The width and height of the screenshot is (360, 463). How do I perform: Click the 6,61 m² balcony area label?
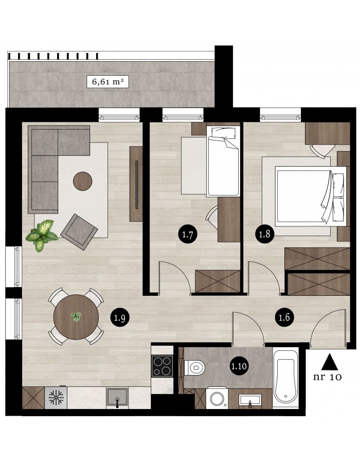click(107, 81)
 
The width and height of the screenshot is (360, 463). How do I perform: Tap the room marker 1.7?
click(188, 235)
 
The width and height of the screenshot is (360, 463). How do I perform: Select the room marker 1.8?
click(264, 234)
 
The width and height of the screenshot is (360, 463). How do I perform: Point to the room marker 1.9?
click(120, 318)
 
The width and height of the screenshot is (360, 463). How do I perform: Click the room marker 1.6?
click(284, 317)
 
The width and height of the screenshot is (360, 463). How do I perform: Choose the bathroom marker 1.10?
click(239, 366)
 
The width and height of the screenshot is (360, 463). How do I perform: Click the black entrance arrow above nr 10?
click(330, 362)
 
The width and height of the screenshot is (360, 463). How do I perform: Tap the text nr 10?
click(328, 377)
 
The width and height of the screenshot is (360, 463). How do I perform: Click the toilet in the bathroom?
click(195, 368)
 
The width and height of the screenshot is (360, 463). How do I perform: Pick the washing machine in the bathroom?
click(217, 398)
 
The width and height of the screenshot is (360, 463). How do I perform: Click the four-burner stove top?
click(163, 366)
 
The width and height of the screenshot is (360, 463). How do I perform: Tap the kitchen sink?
click(117, 397)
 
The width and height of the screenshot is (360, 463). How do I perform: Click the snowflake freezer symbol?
click(56, 398)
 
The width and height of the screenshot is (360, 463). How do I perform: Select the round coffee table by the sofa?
click(83, 181)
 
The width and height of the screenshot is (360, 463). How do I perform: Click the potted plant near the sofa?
click(42, 235)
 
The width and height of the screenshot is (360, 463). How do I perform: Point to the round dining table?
click(76, 317)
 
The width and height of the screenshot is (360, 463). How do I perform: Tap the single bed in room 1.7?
click(223, 162)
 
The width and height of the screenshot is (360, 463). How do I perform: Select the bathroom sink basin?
click(250, 400)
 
